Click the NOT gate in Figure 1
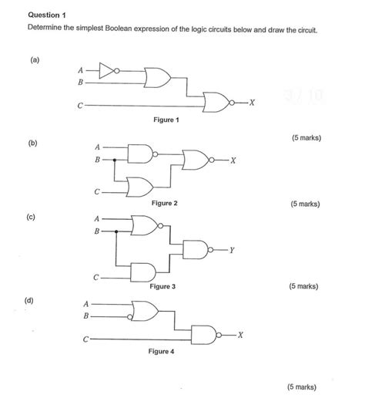109,72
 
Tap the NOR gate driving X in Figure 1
216,102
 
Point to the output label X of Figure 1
252,103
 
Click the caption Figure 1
166,120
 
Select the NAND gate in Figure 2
141,153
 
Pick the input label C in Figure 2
97,191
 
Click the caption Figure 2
164,203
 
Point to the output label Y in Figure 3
232,251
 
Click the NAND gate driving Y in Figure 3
196,250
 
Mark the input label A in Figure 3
97,218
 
